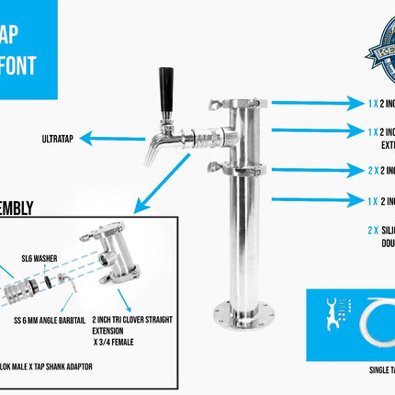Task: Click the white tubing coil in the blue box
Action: pyautogui.click(x=376, y=317)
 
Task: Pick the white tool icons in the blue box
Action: pyautogui.click(x=329, y=317)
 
